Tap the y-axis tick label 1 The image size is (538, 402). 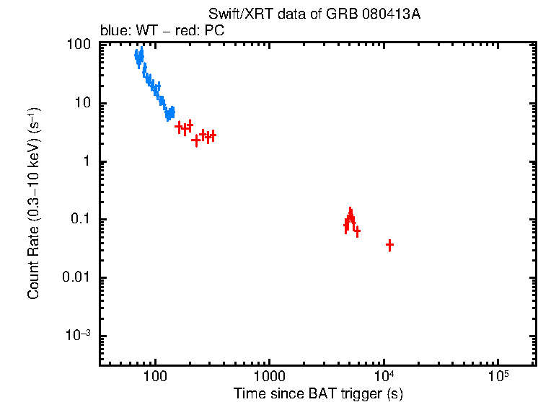tap(87, 161)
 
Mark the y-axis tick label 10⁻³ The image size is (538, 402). tap(79, 336)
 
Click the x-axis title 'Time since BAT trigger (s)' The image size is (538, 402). tap(317, 394)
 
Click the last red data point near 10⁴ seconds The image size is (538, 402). tap(389, 246)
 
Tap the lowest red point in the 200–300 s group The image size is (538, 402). tap(195, 140)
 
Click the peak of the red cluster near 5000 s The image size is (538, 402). tap(350, 212)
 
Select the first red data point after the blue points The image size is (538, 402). tap(179, 126)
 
